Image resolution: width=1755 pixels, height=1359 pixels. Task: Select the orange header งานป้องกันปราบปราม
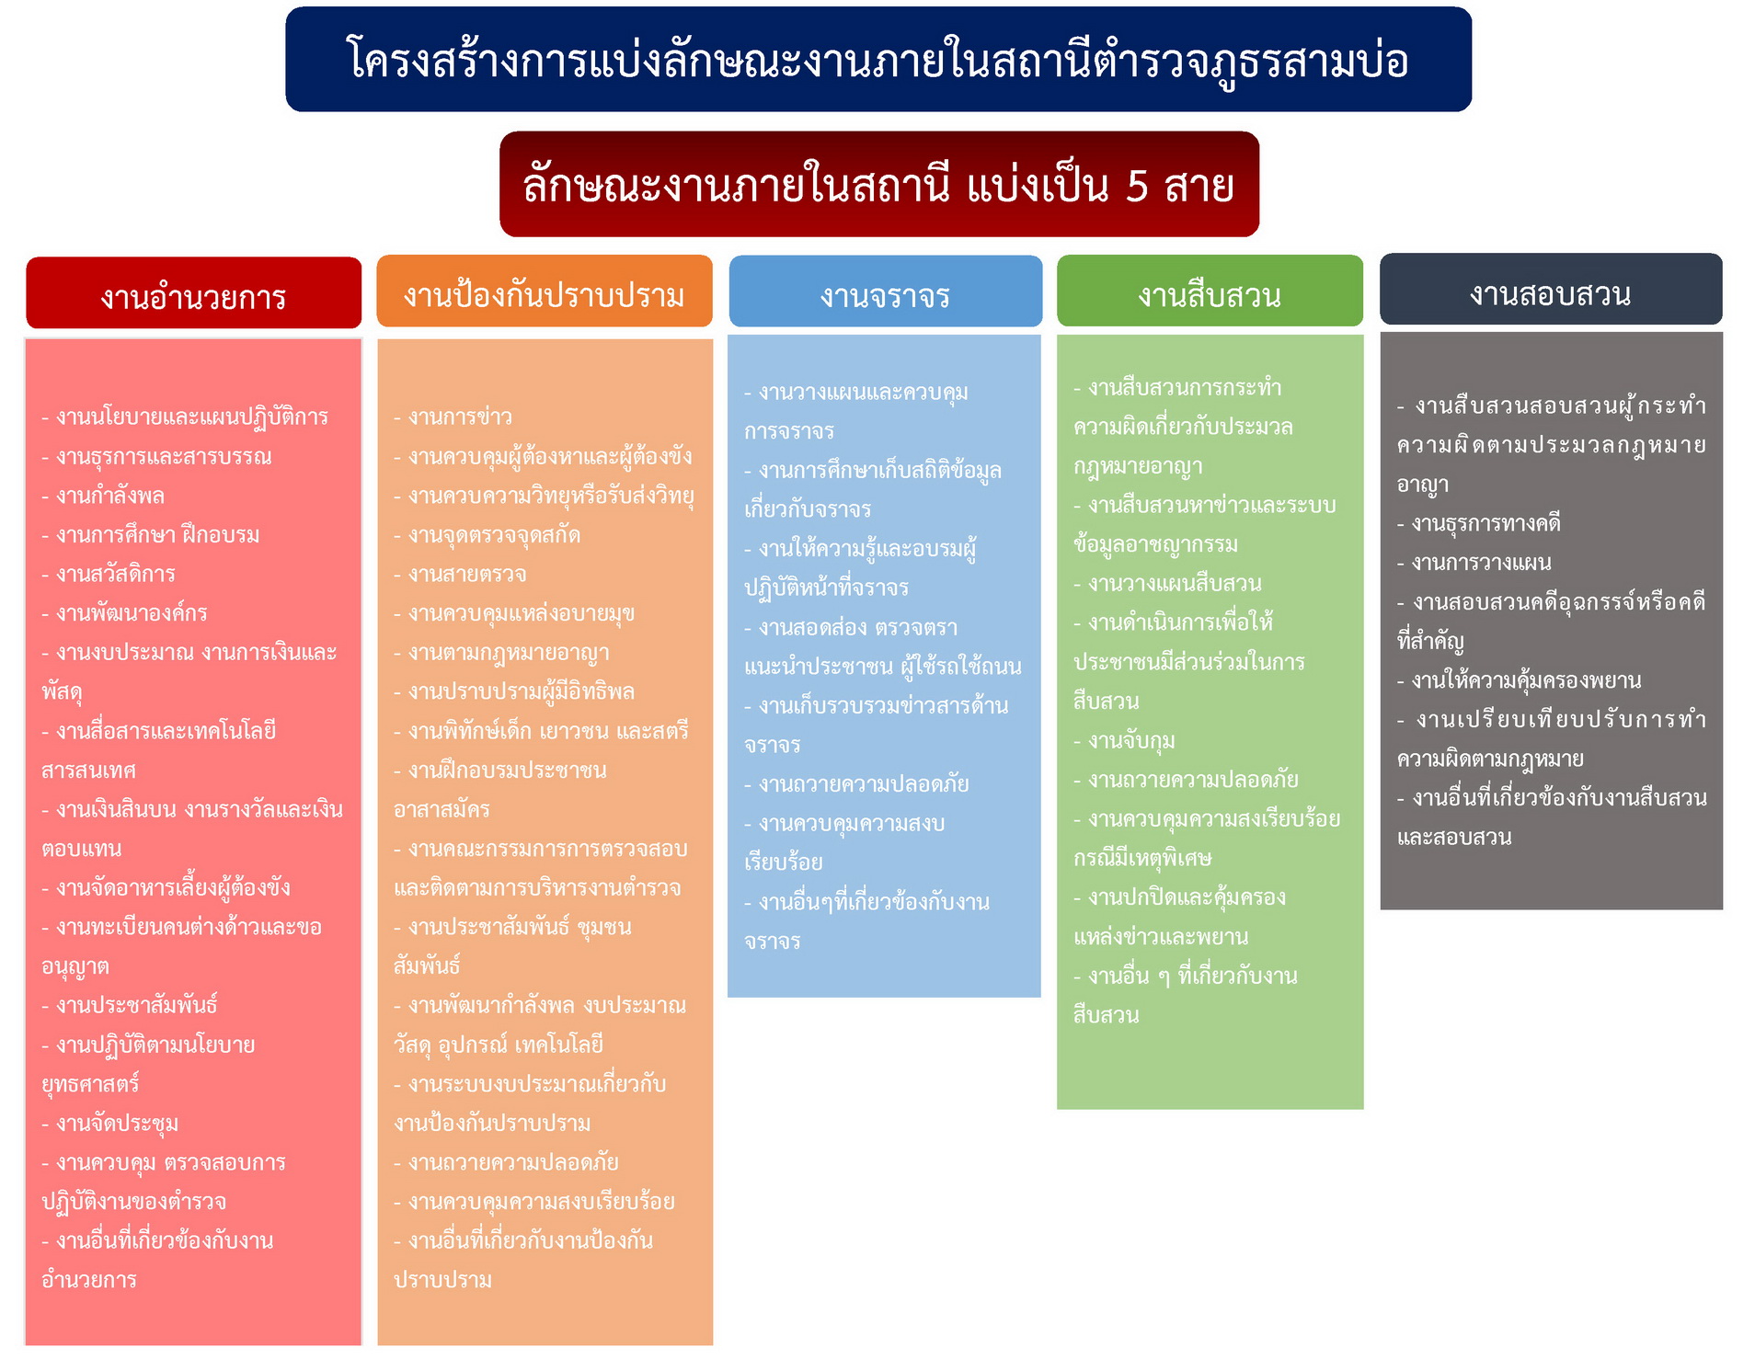(x=544, y=294)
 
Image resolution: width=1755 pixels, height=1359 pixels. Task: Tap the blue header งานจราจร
(x=885, y=294)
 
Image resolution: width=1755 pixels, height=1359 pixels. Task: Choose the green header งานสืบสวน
(x=1210, y=294)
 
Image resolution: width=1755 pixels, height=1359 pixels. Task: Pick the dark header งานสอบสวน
(x=1550, y=292)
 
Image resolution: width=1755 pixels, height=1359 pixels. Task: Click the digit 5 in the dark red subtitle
(x=1137, y=186)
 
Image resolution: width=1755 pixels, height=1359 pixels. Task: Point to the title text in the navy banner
(x=877, y=61)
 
